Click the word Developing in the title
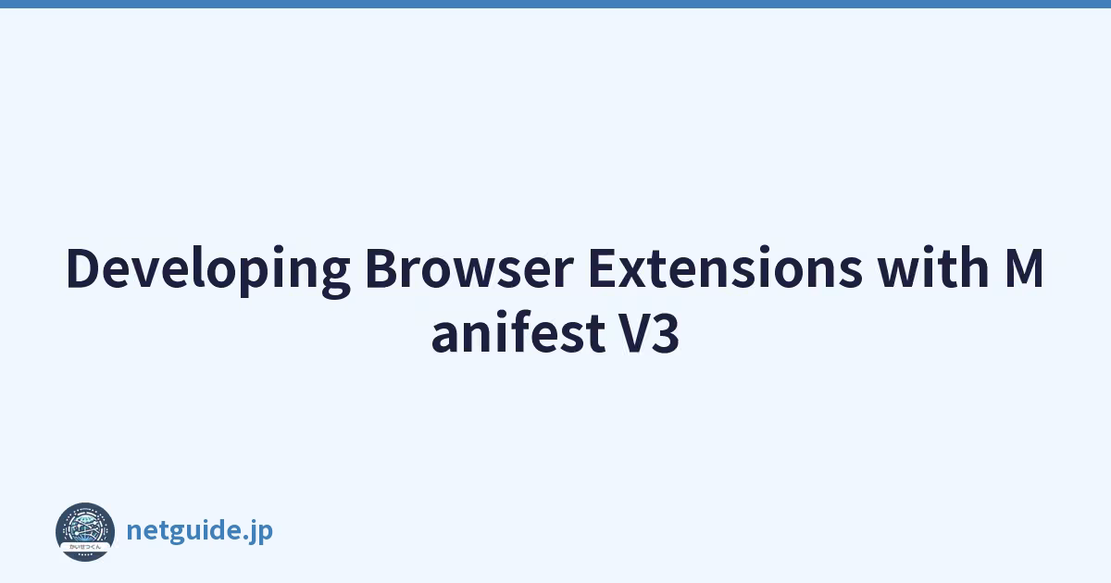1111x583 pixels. pyautogui.click(x=208, y=270)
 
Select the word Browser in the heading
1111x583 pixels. pyautogui.click(x=469, y=267)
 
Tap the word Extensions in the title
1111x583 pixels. pyautogui.click(x=725, y=267)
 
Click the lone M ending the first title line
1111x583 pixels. pyautogui.click(x=1024, y=268)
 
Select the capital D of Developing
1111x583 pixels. pyautogui.click(x=83, y=268)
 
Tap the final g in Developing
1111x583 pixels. pyautogui.click(x=335, y=279)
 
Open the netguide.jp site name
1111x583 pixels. pyautogui.click(x=200, y=531)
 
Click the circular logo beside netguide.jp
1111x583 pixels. pyautogui.click(x=85, y=532)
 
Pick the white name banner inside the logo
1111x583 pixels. pyautogui.click(x=85, y=547)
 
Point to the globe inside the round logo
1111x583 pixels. pyautogui.click(x=85, y=527)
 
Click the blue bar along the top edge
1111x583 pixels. pyautogui.click(x=555, y=4)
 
